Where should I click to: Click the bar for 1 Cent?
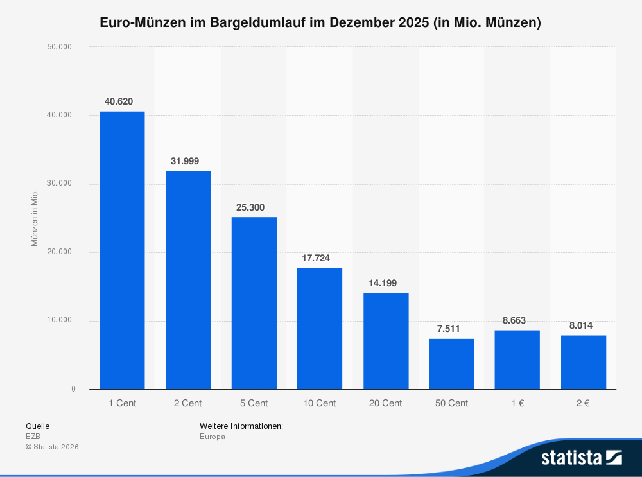(122, 250)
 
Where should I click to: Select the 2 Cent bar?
(188, 280)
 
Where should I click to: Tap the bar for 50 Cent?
(451, 363)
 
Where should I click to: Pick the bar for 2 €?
(583, 362)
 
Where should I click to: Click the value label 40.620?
(119, 101)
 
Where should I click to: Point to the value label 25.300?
(250, 207)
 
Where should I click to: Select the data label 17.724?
(316, 258)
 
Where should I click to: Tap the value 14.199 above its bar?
(383, 283)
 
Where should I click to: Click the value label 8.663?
(514, 320)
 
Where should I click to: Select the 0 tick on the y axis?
(73, 389)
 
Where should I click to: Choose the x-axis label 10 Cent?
(320, 403)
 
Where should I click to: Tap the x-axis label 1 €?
(517, 403)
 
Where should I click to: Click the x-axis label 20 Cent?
(386, 403)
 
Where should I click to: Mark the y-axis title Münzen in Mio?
(35, 218)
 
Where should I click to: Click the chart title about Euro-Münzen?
(320, 23)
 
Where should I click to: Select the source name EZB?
(33, 437)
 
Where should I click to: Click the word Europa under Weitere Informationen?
(213, 437)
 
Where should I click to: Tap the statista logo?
(581, 458)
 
